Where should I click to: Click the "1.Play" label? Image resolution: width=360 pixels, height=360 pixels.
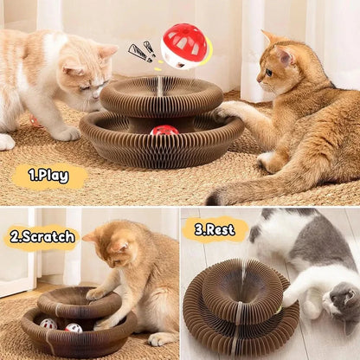pyautogui.click(x=49, y=176)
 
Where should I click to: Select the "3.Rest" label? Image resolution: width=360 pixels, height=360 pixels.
pyautogui.click(x=215, y=229)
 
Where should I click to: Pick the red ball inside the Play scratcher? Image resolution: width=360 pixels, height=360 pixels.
pyautogui.click(x=164, y=131)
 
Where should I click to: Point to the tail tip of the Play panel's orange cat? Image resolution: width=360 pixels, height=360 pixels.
pyautogui.click(x=214, y=198)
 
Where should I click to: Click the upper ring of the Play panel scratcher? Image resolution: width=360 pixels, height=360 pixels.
pyautogui.click(x=161, y=94)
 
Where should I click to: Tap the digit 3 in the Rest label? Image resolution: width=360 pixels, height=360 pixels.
pyautogui.click(x=199, y=229)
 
